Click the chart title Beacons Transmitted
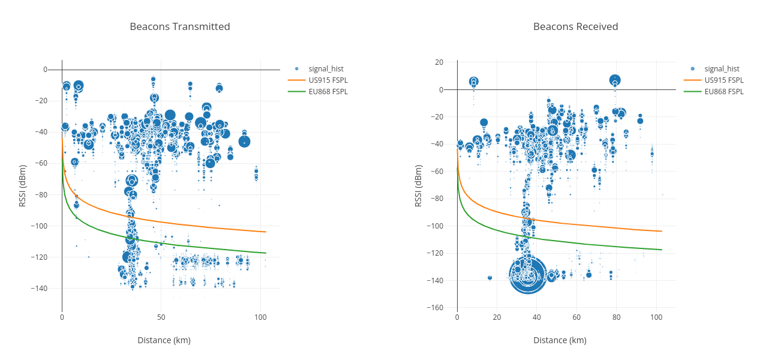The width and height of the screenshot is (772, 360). point(180,26)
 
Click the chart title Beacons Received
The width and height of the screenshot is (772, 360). point(575,26)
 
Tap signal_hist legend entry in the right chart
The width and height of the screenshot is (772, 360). point(722,69)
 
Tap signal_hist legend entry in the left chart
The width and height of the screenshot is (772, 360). point(326,69)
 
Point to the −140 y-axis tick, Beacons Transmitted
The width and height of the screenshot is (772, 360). point(48,288)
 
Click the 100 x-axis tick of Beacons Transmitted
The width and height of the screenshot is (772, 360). point(260,317)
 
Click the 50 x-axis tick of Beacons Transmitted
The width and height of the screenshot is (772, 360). point(161,317)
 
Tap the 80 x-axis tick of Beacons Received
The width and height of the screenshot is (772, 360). point(616,317)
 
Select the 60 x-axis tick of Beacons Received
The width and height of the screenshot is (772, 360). point(576,317)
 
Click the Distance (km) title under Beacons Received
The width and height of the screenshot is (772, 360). point(560,340)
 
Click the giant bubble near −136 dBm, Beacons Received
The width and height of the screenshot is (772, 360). point(528,274)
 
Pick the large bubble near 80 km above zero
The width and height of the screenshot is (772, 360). point(615,80)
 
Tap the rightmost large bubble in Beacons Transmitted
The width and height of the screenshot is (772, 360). point(244,142)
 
